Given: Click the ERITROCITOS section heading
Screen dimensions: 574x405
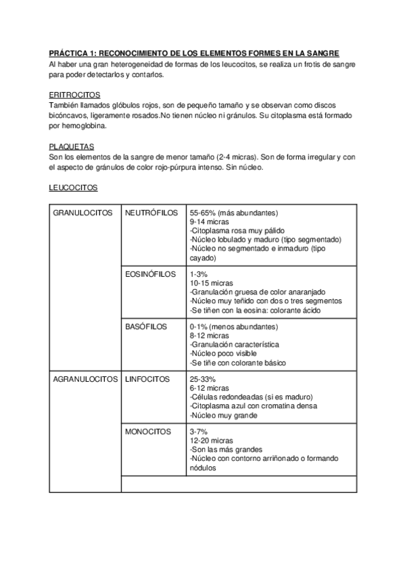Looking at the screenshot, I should tap(74, 95).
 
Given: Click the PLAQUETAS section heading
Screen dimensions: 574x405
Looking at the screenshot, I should tap(72, 147).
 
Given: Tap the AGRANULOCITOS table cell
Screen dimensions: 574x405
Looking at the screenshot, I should tap(85, 379).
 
